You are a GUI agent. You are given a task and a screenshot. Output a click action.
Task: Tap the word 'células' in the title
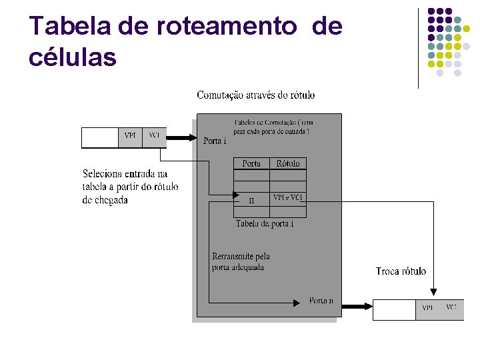click(73, 57)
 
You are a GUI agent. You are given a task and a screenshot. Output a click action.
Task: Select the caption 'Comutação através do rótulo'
click(256, 95)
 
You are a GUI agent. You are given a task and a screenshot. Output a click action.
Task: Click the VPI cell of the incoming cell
click(130, 136)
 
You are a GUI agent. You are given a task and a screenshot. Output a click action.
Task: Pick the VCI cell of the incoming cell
click(155, 136)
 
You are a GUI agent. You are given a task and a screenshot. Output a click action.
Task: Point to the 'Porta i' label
click(215, 141)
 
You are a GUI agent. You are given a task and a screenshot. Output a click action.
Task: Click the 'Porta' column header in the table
click(251, 163)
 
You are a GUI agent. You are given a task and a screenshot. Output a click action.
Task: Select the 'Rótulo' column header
click(288, 163)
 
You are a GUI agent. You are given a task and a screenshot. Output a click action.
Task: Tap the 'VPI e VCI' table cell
click(288, 198)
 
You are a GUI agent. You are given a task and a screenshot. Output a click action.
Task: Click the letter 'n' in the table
click(251, 199)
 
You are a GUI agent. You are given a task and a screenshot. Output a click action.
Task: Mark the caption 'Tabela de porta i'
click(265, 224)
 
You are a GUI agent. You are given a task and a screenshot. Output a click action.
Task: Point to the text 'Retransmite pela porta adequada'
click(241, 261)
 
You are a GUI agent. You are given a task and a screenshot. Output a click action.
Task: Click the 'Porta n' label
click(321, 301)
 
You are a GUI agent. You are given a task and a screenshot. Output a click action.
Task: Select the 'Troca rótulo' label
click(401, 271)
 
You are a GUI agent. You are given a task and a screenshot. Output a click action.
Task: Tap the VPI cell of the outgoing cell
click(427, 308)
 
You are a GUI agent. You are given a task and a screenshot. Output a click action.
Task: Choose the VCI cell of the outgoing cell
click(451, 308)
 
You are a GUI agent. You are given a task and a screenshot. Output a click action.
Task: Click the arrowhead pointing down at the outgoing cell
click(434, 291)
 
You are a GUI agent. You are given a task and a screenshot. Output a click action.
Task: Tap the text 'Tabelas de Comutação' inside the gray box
click(273, 123)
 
